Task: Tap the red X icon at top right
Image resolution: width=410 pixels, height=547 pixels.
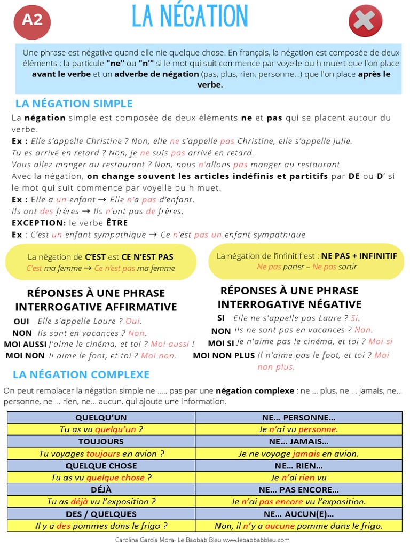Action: point(365,21)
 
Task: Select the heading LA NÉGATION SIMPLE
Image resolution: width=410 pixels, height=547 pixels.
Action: point(74,104)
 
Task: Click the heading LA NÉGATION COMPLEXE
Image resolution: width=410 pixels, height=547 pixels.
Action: point(81,374)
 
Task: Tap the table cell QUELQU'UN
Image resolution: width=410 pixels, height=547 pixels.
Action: point(101,417)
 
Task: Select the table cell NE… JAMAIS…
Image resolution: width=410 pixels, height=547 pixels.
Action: point(298,441)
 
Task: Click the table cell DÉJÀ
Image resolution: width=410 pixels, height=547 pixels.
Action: point(101,489)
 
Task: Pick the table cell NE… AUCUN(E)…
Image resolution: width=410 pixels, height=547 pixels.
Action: point(298,514)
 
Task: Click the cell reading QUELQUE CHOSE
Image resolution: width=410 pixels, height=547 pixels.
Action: point(101,466)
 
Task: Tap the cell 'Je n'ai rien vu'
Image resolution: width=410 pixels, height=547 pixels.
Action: point(298,478)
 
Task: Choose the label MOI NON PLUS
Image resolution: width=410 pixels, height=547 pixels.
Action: point(224,355)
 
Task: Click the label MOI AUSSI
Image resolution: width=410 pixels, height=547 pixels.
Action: point(26,345)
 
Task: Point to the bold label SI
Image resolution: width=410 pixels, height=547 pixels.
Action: point(221,318)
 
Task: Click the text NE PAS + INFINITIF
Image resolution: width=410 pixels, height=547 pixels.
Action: point(359,256)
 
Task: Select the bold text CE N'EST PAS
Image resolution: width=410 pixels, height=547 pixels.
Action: point(147,257)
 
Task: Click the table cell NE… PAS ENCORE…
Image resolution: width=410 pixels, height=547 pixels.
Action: point(298,489)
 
